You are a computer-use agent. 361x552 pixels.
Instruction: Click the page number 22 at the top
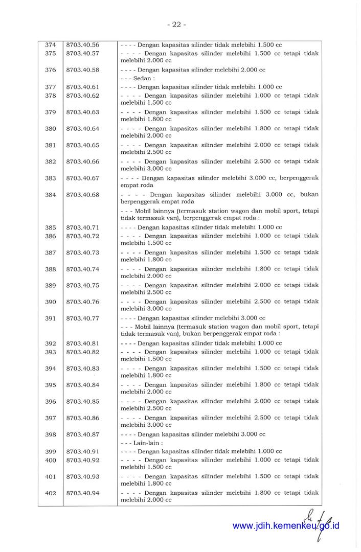(x=176, y=24)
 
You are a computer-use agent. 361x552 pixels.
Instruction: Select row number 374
(x=51, y=45)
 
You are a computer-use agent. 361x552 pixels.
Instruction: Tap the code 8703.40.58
(x=83, y=70)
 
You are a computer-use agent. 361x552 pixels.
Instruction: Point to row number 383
(x=51, y=178)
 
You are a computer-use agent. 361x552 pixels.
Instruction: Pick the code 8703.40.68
(x=83, y=195)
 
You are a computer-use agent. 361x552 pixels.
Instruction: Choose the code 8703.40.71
(x=83, y=227)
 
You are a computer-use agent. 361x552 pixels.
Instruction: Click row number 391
(x=51, y=318)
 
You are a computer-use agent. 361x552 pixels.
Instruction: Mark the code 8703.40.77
(x=83, y=318)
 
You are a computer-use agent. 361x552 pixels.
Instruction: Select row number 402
(x=51, y=493)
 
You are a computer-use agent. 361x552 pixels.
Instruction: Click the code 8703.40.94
(x=83, y=493)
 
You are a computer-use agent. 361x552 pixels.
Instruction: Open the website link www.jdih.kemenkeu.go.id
(x=286, y=526)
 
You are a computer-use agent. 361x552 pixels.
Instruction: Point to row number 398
(x=51, y=435)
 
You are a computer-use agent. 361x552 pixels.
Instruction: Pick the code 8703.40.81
(x=83, y=343)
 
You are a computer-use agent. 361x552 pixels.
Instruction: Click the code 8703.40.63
(x=83, y=112)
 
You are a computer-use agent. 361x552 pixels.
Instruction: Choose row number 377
(x=51, y=87)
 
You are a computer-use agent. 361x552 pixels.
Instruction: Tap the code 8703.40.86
(x=83, y=418)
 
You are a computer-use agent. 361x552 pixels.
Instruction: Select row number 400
(x=51, y=460)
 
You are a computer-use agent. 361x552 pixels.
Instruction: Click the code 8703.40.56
(x=83, y=45)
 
